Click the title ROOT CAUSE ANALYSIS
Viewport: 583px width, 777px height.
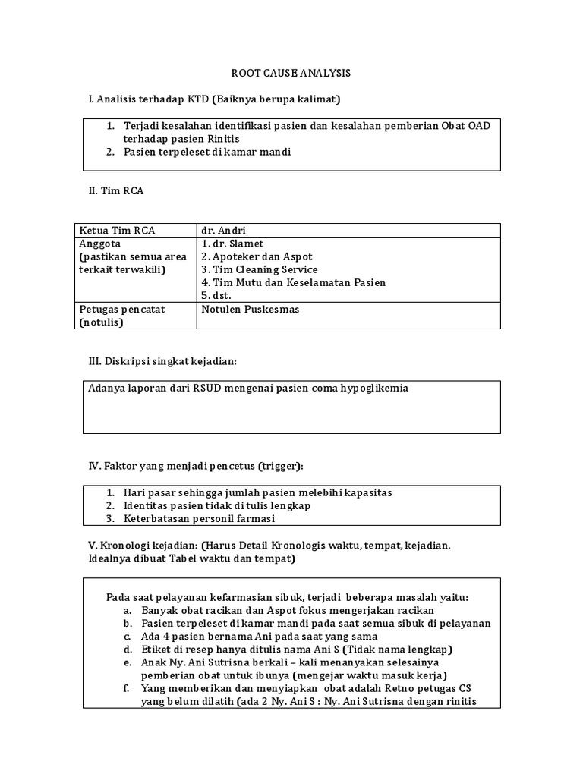(291, 74)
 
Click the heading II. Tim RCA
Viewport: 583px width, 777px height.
(116, 191)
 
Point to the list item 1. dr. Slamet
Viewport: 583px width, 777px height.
(233, 244)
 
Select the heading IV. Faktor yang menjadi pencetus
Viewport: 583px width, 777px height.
(196, 465)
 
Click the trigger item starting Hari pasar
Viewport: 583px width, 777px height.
(257, 492)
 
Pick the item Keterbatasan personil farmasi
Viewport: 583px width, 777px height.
(199, 518)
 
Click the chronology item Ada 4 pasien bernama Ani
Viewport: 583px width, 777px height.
(259, 636)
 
